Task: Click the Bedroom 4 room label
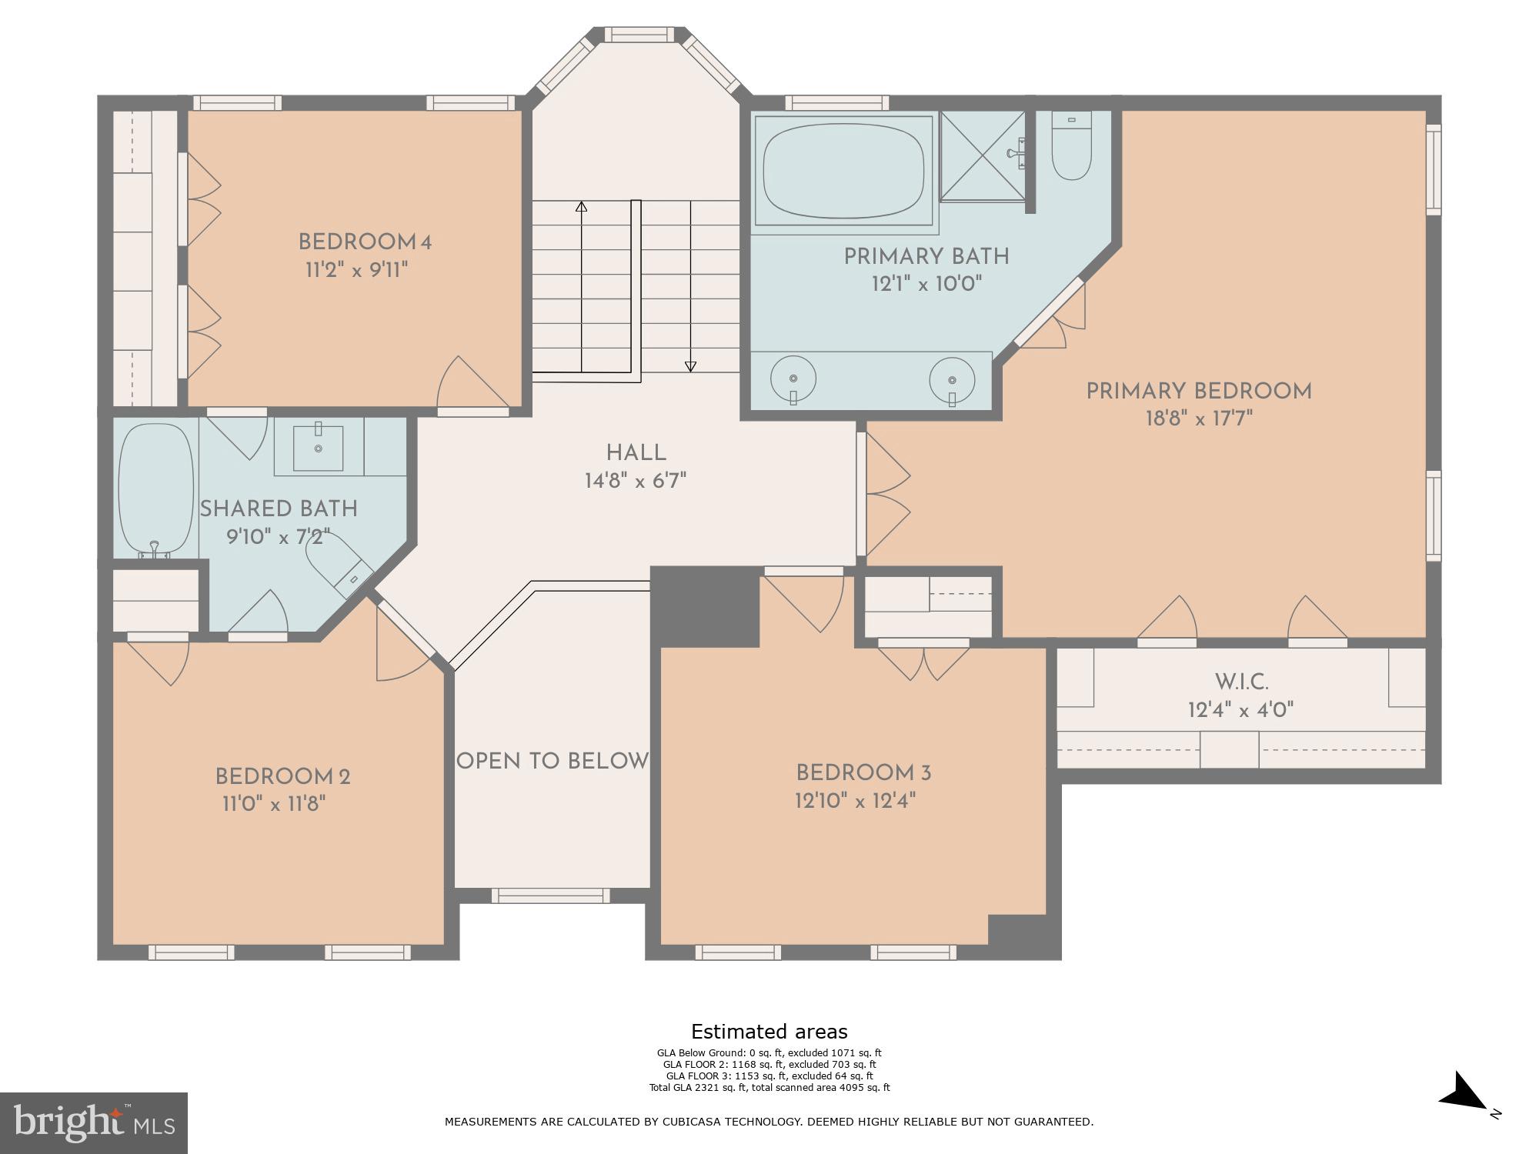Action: click(x=365, y=242)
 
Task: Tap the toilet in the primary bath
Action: click(x=1071, y=148)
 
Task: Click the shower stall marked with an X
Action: click(x=983, y=156)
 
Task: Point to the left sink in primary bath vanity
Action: click(x=793, y=379)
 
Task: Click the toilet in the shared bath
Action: click(x=337, y=561)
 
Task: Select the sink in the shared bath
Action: click(x=318, y=446)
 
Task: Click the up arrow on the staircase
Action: click(x=582, y=208)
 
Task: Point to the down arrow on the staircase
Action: click(x=690, y=365)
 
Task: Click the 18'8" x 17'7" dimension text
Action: click(x=1199, y=419)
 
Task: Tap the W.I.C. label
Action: click(x=1241, y=682)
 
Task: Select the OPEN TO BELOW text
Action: click(x=553, y=761)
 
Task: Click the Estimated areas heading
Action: click(x=769, y=1032)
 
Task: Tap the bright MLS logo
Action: click(x=93, y=1122)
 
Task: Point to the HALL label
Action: click(x=636, y=453)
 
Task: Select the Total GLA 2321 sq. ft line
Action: click(x=769, y=1087)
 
